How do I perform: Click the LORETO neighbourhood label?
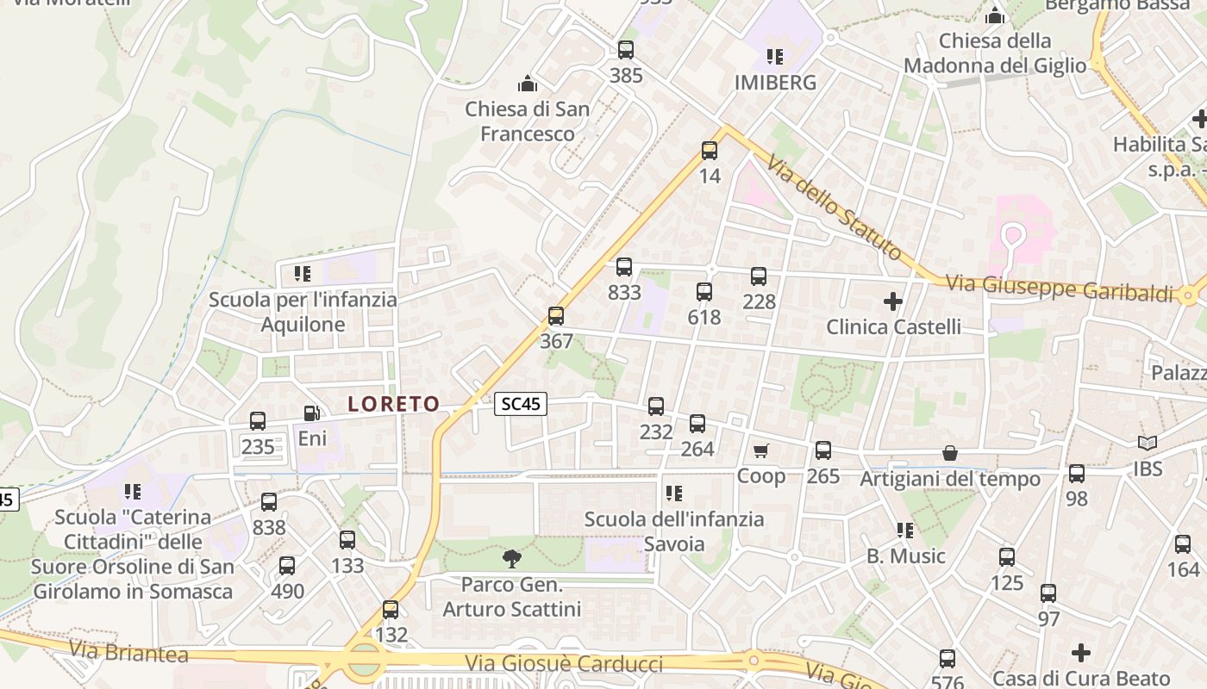pyautogui.click(x=394, y=404)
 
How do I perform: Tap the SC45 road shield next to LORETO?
pyautogui.click(x=522, y=403)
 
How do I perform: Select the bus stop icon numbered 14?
pyautogui.click(x=710, y=151)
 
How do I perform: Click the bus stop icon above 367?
pyautogui.click(x=556, y=316)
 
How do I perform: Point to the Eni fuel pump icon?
pyautogui.click(x=312, y=414)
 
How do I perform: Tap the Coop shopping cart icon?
pyautogui.click(x=760, y=451)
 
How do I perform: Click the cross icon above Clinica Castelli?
pyautogui.click(x=893, y=301)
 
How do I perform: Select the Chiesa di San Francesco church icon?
pyautogui.click(x=527, y=84)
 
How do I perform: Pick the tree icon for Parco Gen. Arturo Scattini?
pyautogui.click(x=512, y=559)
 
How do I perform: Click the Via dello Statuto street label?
pyautogui.click(x=834, y=208)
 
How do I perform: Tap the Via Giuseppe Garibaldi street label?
pyautogui.click(x=1060, y=288)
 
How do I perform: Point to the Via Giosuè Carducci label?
pyautogui.click(x=564, y=664)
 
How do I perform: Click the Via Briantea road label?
pyautogui.click(x=129, y=652)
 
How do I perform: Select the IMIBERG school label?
pyautogui.click(x=775, y=83)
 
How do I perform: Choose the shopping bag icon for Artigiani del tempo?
pyautogui.click(x=949, y=453)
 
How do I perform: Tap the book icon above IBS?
pyautogui.click(x=1148, y=444)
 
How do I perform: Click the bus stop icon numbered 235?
pyautogui.click(x=258, y=421)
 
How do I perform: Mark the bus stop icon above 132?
pyautogui.click(x=391, y=610)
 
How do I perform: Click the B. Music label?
pyautogui.click(x=906, y=556)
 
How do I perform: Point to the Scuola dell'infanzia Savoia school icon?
pyautogui.click(x=674, y=493)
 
